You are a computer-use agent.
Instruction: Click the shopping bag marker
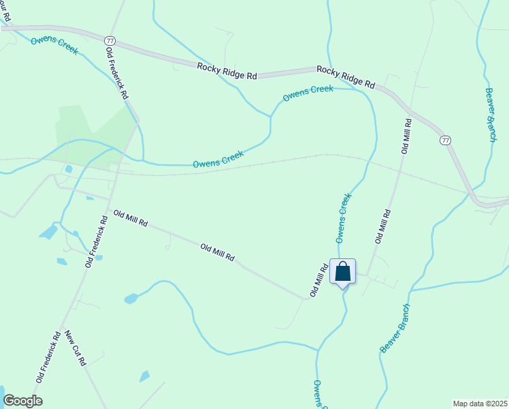coord(342,271)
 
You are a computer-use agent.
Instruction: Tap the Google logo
coord(22,401)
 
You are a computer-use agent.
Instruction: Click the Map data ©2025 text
coord(480,403)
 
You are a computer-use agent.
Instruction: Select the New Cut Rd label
coord(75,348)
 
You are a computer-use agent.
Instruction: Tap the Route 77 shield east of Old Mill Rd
coord(445,140)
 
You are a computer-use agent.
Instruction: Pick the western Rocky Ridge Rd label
coord(227,71)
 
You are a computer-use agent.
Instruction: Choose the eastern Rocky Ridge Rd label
coord(346,77)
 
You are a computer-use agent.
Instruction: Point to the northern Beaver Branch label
coord(491,114)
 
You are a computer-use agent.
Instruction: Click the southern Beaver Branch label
coord(395,328)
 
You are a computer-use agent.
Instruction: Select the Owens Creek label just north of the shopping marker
coord(344,218)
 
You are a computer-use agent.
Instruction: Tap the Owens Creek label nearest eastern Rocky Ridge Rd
coord(308,93)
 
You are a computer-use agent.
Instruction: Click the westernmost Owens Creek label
coord(54,46)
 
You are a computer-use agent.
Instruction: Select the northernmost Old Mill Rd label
coord(406,136)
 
